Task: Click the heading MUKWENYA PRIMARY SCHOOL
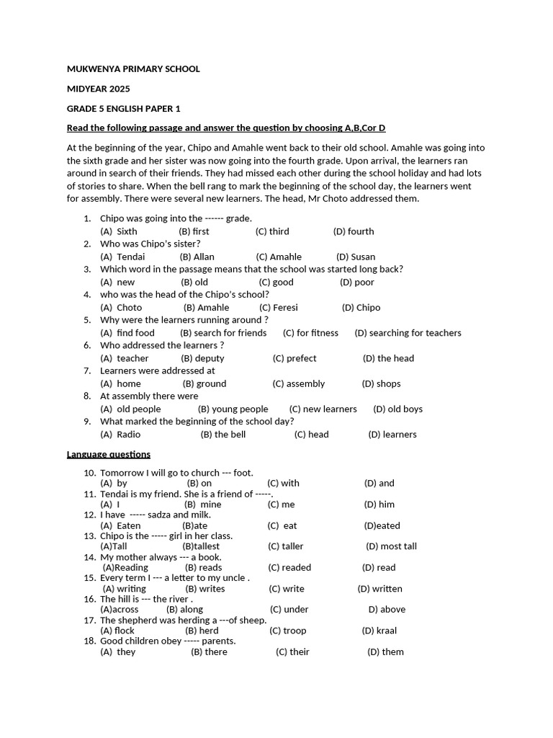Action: coord(133,69)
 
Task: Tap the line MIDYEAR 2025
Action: coord(99,89)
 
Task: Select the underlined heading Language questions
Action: coord(109,454)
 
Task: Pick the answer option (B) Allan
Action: coord(197,257)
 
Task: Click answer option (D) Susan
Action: coord(355,257)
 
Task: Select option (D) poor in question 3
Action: coord(356,282)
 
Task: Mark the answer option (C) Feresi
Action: coord(278,307)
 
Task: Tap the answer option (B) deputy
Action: coord(202,358)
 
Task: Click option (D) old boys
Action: coord(397,409)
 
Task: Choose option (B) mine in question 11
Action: coord(203,504)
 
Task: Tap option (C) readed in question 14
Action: coord(289,567)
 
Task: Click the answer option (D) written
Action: coord(379,588)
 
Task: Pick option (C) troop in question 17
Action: coord(287,631)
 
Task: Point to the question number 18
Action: coord(89,641)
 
